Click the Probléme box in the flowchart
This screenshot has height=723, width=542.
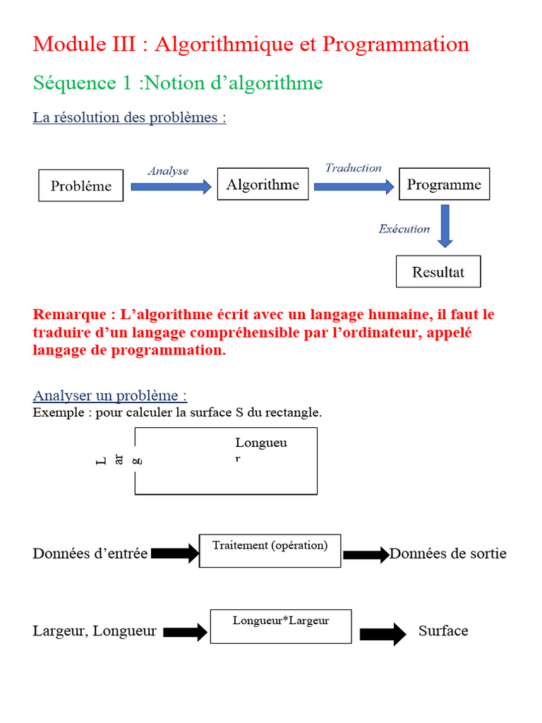(80, 186)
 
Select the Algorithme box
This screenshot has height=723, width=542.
(263, 184)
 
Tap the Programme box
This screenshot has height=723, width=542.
(444, 184)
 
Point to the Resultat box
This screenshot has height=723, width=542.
(438, 272)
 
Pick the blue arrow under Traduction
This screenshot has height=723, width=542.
(354, 186)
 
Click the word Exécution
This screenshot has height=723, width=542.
(404, 229)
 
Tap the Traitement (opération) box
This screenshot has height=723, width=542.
(270, 551)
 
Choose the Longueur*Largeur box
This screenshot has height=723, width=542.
(281, 626)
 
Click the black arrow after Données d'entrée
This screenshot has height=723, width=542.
(175, 554)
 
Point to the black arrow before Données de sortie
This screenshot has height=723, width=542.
(366, 555)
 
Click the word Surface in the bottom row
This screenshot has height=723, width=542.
(443, 631)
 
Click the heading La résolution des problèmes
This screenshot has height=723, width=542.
(129, 118)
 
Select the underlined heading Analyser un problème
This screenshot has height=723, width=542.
(110, 395)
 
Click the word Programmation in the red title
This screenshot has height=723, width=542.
(395, 44)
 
